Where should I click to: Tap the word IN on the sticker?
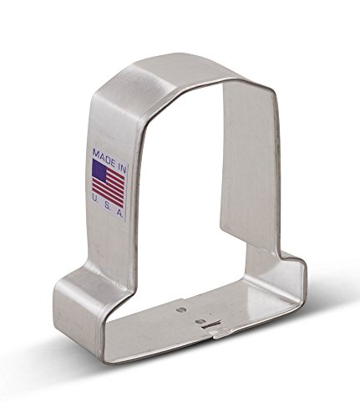click(120, 166)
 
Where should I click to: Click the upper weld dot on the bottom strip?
click(182, 309)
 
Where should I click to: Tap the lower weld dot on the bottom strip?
click(199, 322)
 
